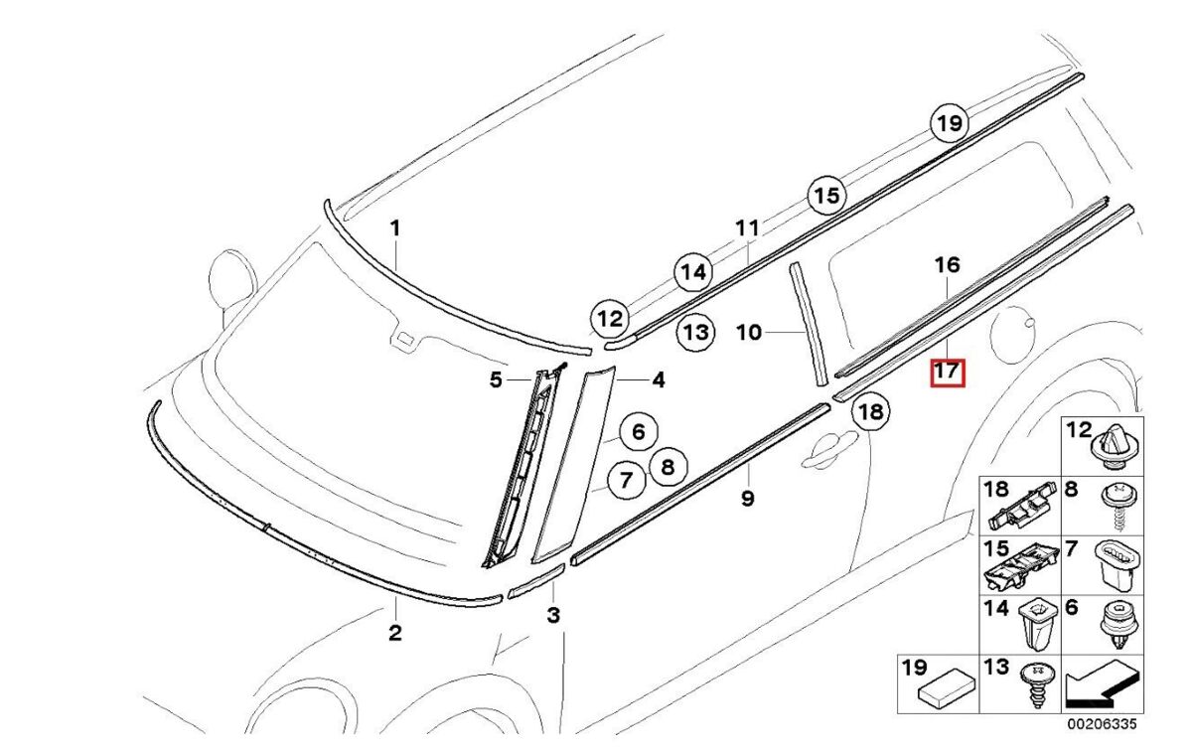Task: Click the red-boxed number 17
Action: tap(947, 373)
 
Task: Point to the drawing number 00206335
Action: tap(1102, 724)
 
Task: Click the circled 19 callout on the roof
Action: tap(949, 123)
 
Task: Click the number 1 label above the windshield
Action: tap(394, 228)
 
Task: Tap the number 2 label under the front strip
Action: tap(394, 633)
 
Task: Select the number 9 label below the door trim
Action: tap(747, 498)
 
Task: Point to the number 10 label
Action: tap(749, 332)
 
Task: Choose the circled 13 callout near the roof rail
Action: tap(696, 332)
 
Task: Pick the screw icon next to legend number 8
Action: tap(1113, 503)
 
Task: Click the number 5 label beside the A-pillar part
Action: tap(495, 378)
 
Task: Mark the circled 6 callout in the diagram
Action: tap(638, 432)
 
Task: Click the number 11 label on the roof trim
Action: tap(747, 228)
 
